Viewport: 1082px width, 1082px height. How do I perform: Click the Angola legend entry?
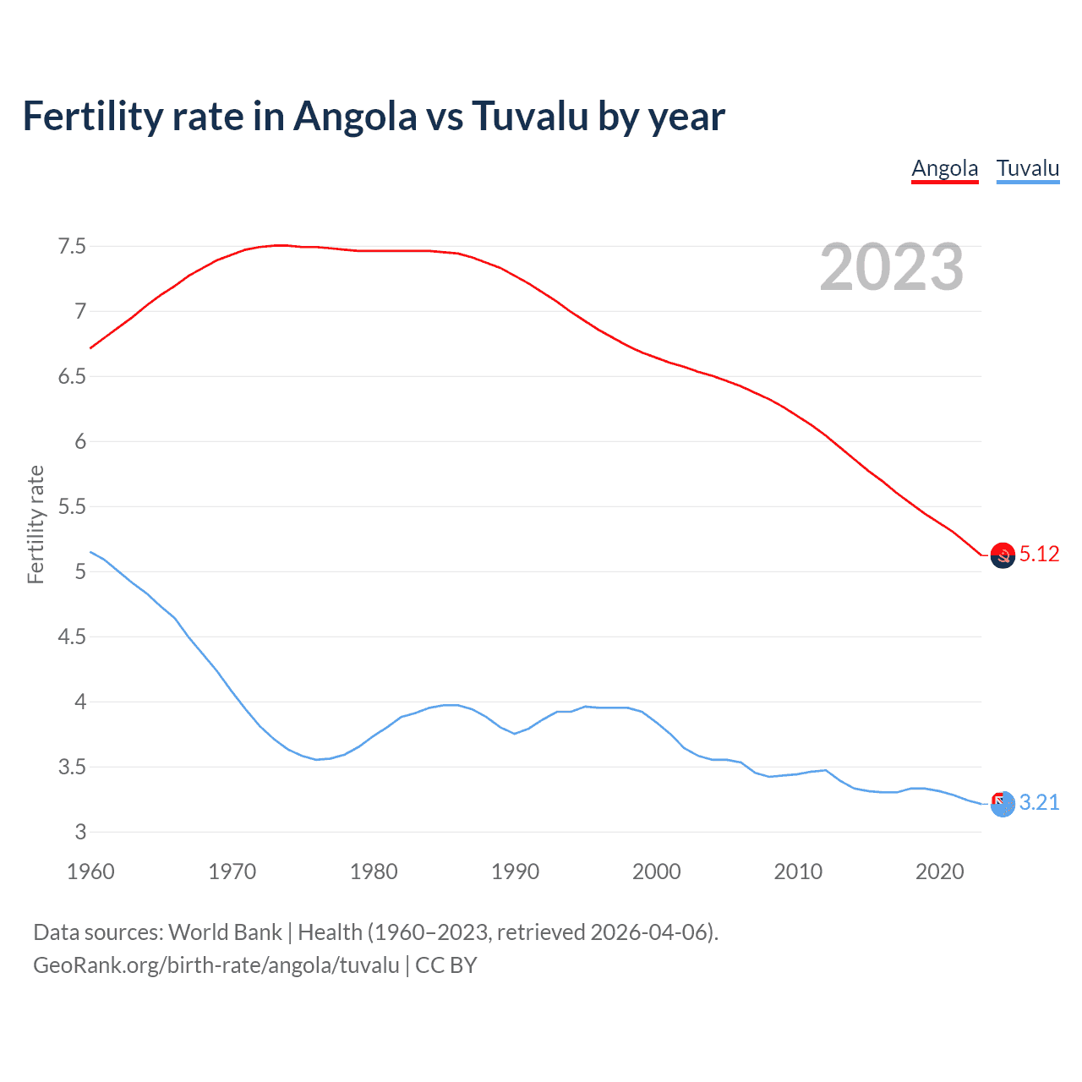pyautogui.click(x=944, y=168)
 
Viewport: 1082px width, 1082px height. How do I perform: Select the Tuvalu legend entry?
pyautogui.click(x=1027, y=168)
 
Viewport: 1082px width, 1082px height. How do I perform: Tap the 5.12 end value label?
pyautogui.click(x=1039, y=554)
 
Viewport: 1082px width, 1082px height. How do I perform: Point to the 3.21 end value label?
pyautogui.click(x=1039, y=802)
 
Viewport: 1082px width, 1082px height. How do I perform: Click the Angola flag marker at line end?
pyautogui.click(x=1003, y=555)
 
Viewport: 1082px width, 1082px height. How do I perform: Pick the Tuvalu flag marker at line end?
pyautogui.click(x=1003, y=804)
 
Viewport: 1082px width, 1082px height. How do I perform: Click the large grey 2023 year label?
pyautogui.click(x=891, y=267)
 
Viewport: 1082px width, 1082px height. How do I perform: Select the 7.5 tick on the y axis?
pyautogui.click(x=72, y=247)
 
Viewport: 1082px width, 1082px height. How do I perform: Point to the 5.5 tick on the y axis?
pyautogui.click(x=72, y=506)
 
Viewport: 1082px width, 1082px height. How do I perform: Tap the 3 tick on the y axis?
pyautogui.click(x=80, y=832)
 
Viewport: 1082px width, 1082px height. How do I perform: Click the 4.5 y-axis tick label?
pyautogui.click(x=72, y=637)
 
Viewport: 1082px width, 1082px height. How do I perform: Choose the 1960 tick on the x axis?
pyautogui.click(x=90, y=872)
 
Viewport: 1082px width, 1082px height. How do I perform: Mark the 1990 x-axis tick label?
pyautogui.click(x=515, y=872)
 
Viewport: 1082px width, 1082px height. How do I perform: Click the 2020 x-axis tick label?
pyautogui.click(x=939, y=872)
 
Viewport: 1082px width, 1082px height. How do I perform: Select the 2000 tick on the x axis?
pyautogui.click(x=656, y=872)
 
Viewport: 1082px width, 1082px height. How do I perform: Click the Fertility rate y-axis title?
pyautogui.click(x=36, y=524)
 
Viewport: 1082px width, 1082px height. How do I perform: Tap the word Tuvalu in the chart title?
pyautogui.click(x=530, y=116)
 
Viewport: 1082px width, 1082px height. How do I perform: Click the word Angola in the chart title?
pyautogui.click(x=355, y=116)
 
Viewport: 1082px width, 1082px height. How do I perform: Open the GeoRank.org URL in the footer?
pyautogui.click(x=216, y=965)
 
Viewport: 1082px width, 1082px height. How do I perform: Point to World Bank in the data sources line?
pyautogui.click(x=225, y=932)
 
